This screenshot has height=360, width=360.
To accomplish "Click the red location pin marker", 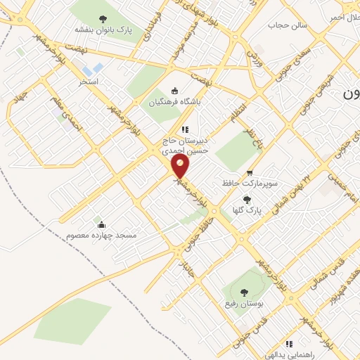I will (x=181, y=167).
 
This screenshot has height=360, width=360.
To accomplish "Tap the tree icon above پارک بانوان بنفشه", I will (x=103, y=20).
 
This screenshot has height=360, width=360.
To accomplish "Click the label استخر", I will (x=89, y=82).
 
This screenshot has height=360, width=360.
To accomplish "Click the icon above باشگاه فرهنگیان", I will (x=175, y=90).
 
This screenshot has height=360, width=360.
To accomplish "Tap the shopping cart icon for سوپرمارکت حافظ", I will (x=250, y=172).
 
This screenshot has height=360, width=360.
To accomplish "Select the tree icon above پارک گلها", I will (x=246, y=200).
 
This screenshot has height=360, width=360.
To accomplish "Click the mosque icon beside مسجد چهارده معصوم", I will (x=102, y=225).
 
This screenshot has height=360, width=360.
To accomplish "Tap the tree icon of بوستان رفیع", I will (x=244, y=292).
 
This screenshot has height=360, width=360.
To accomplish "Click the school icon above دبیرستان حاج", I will (x=186, y=129).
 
